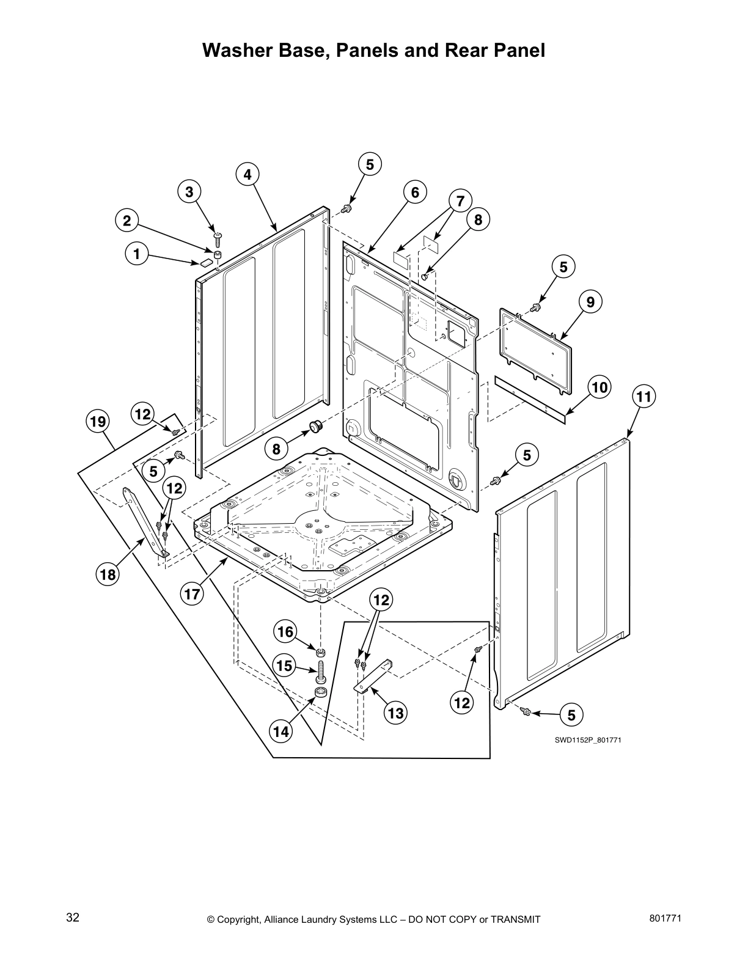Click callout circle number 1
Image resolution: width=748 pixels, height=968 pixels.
point(136,254)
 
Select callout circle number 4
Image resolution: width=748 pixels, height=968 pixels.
point(247,174)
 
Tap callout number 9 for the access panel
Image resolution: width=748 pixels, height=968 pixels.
point(590,301)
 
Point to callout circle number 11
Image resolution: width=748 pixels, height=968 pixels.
point(643,397)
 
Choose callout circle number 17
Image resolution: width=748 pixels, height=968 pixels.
point(193,593)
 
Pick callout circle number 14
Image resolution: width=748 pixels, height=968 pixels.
point(281,731)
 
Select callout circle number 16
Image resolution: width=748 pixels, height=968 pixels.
point(286,631)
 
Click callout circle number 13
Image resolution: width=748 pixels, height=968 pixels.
point(396,713)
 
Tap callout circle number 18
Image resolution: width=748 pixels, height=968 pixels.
point(108,574)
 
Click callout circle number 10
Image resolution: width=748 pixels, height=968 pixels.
point(599,387)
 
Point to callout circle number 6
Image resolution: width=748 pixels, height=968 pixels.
point(415,193)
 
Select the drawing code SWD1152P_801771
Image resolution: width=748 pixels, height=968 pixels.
point(583,740)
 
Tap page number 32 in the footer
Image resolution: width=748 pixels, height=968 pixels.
point(73,917)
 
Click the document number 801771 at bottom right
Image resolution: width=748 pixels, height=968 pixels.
point(664,917)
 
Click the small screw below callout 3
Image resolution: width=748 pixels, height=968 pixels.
point(217,235)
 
